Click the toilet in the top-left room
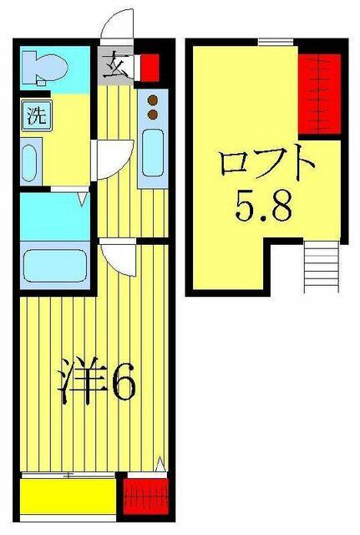[44, 68]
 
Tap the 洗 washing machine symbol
[37, 116]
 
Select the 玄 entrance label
[115, 65]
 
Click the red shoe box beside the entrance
[149, 68]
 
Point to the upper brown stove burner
[152, 100]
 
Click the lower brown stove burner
[152, 115]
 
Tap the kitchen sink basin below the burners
[153, 152]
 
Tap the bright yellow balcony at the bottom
[68, 497]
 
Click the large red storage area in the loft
[320, 94]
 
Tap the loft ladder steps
[322, 267]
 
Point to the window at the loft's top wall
[276, 42]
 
